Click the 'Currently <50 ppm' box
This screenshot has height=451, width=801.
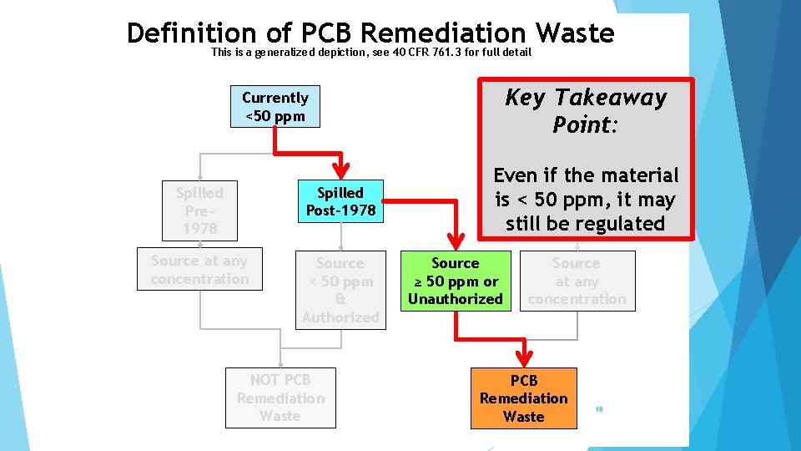[275, 107]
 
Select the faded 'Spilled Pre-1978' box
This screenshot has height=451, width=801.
[199, 210]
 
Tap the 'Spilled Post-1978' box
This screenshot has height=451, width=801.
[340, 202]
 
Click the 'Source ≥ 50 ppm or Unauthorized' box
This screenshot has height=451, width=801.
[455, 281]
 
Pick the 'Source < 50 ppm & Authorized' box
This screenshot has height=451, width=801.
[340, 290]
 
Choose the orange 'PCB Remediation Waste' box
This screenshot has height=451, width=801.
[523, 398]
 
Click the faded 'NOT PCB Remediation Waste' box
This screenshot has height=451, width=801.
[280, 398]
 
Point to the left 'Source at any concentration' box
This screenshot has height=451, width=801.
[199, 270]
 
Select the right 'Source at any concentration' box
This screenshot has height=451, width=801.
[577, 281]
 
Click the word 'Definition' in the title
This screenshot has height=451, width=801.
[193, 33]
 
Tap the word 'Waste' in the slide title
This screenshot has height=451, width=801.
[576, 33]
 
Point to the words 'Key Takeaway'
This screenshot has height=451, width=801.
[586, 98]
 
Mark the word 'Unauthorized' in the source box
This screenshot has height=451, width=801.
[456, 299]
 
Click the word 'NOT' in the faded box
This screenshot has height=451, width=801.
[265, 380]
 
